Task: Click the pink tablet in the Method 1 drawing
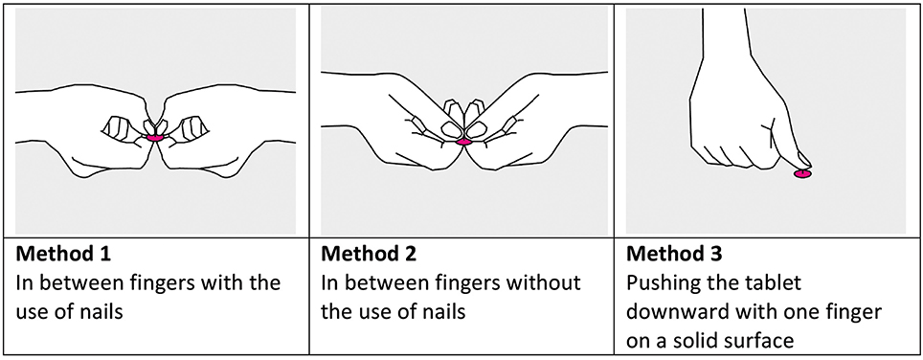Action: coord(155,137)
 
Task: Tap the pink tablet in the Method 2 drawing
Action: coord(463,142)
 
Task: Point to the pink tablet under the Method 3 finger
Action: coord(803,173)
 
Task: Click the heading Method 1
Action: coord(63,254)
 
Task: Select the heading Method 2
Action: coord(369,254)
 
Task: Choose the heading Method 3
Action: coord(674,254)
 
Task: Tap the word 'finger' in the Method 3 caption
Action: coord(853,312)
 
